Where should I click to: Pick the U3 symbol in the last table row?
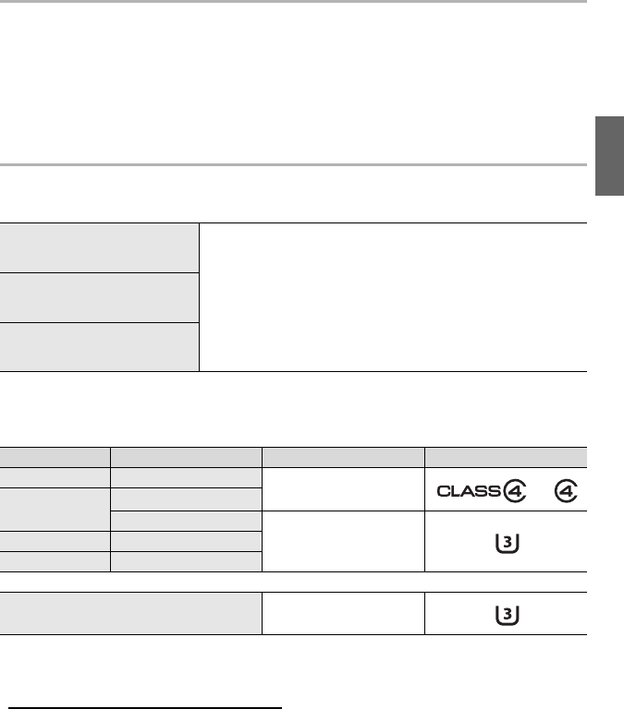pyautogui.click(x=506, y=613)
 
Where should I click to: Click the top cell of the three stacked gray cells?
pyautogui.click(x=100, y=247)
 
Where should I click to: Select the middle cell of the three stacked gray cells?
pyautogui.click(x=100, y=297)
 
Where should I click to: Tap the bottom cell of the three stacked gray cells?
pyautogui.click(x=100, y=347)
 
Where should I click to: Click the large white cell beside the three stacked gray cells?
pyautogui.click(x=393, y=297)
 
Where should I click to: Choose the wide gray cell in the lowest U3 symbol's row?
pyautogui.click(x=130, y=613)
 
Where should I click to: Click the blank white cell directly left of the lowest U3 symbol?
pyautogui.click(x=343, y=613)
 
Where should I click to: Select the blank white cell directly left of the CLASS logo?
pyautogui.click(x=343, y=487)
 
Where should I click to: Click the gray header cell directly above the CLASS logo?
pyautogui.click(x=506, y=455)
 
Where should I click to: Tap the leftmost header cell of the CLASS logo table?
pyautogui.click(x=55, y=455)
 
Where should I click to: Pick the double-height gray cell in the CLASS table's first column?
pyautogui.click(x=55, y=499)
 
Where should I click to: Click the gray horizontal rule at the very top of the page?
pyautogui.click(x=293, y=2)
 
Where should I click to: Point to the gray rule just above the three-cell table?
pyautogui.click(x=293, y=165)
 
